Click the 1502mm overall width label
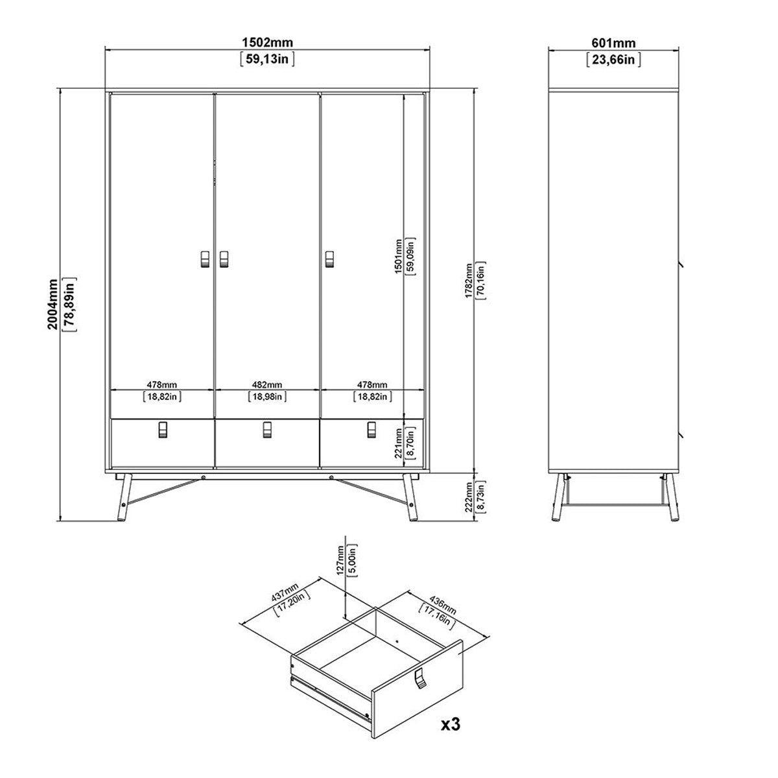[267, 43]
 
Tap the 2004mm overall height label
[53, 304]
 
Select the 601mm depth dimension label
[613, 43]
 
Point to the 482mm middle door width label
[267, 385]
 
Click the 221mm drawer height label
[398, 443]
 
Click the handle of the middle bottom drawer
[266, 430]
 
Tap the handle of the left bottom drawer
[162, 430]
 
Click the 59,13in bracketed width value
[267, 59]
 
